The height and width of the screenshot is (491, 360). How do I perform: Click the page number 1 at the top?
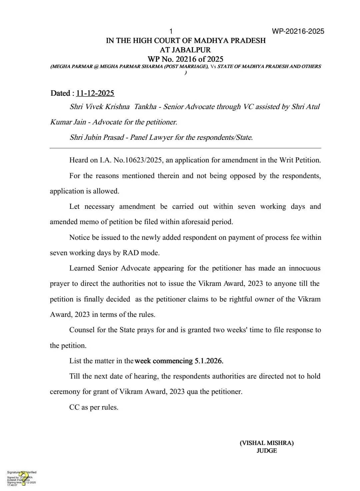point(171,31)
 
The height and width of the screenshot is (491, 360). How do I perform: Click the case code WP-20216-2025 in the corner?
point(298,31)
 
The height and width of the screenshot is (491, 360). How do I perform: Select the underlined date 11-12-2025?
point(95,93)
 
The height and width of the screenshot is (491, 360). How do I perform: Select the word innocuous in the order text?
point(304,268)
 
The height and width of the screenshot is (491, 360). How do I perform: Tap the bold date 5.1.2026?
point(209,361)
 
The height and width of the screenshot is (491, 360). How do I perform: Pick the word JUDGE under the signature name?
point(267,451)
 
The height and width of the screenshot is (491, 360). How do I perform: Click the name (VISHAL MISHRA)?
point(267,443)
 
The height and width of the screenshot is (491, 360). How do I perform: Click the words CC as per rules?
point(94,407)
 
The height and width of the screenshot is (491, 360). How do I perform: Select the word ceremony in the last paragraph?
point(65,392)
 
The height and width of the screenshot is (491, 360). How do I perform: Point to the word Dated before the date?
point(60,93)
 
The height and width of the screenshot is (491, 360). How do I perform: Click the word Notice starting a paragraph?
point(79,237)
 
